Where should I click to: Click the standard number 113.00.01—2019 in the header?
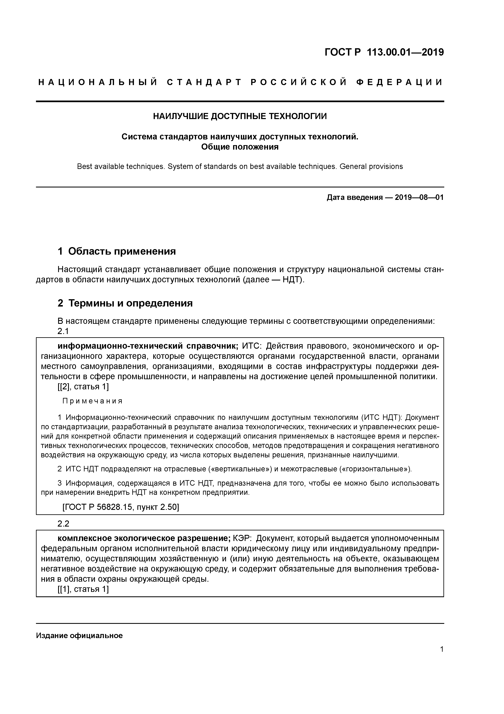click(405, 52)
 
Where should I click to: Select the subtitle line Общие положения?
click(240, 147)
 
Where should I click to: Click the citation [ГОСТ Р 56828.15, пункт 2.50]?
click(121, 507)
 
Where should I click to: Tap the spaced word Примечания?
click(92, 401)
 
